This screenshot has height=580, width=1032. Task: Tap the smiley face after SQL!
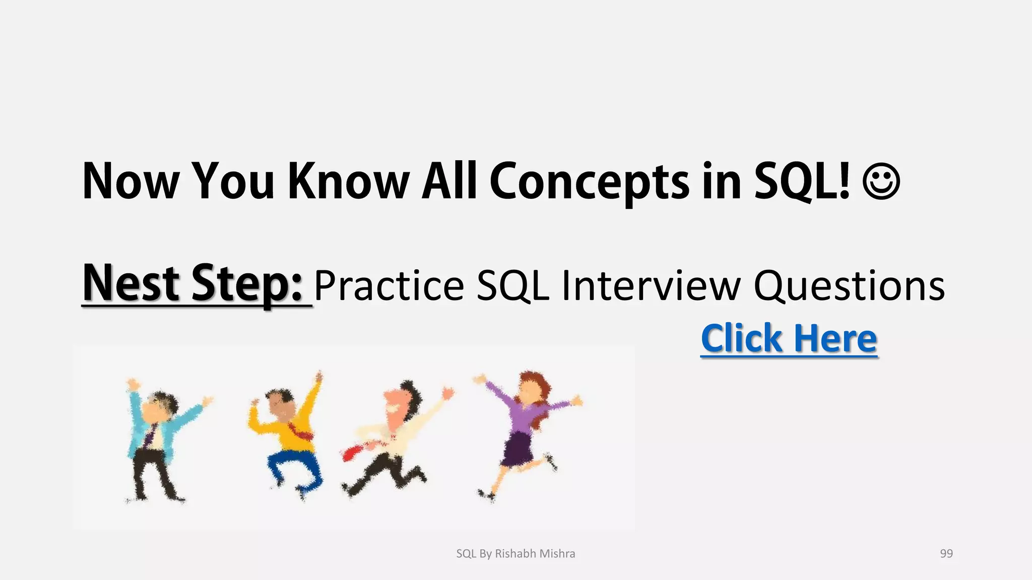(881, 181)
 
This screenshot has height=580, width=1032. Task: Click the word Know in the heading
(348, 181)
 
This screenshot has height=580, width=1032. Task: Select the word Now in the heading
(131, 181)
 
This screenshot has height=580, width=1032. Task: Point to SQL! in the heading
(801, 181)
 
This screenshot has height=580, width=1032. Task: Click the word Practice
(389, 286)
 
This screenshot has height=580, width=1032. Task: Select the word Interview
(651, 286)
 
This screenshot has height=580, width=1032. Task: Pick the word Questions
(849, 286)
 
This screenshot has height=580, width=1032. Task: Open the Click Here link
(789, 338)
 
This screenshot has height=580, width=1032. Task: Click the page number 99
(946, 553)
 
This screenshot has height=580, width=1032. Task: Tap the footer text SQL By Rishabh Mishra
(515, 553)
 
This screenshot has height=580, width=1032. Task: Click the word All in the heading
(449, 181)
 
